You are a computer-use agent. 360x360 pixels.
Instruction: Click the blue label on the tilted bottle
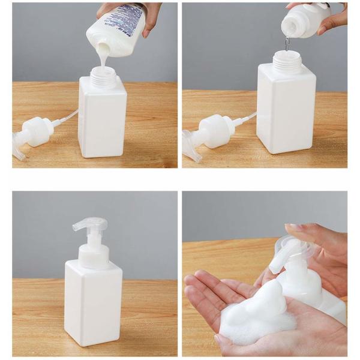(x=130, y=24)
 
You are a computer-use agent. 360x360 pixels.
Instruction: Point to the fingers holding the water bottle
(x=327, y=18)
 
